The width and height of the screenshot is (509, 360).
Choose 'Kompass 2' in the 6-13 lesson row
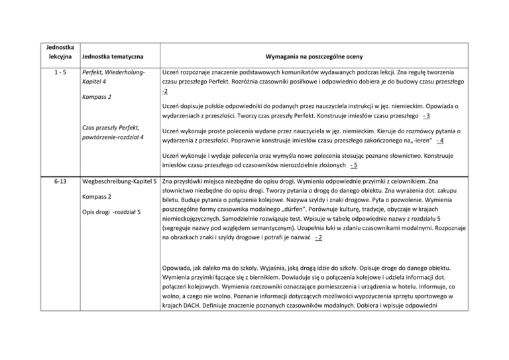(x=97, y=197)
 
